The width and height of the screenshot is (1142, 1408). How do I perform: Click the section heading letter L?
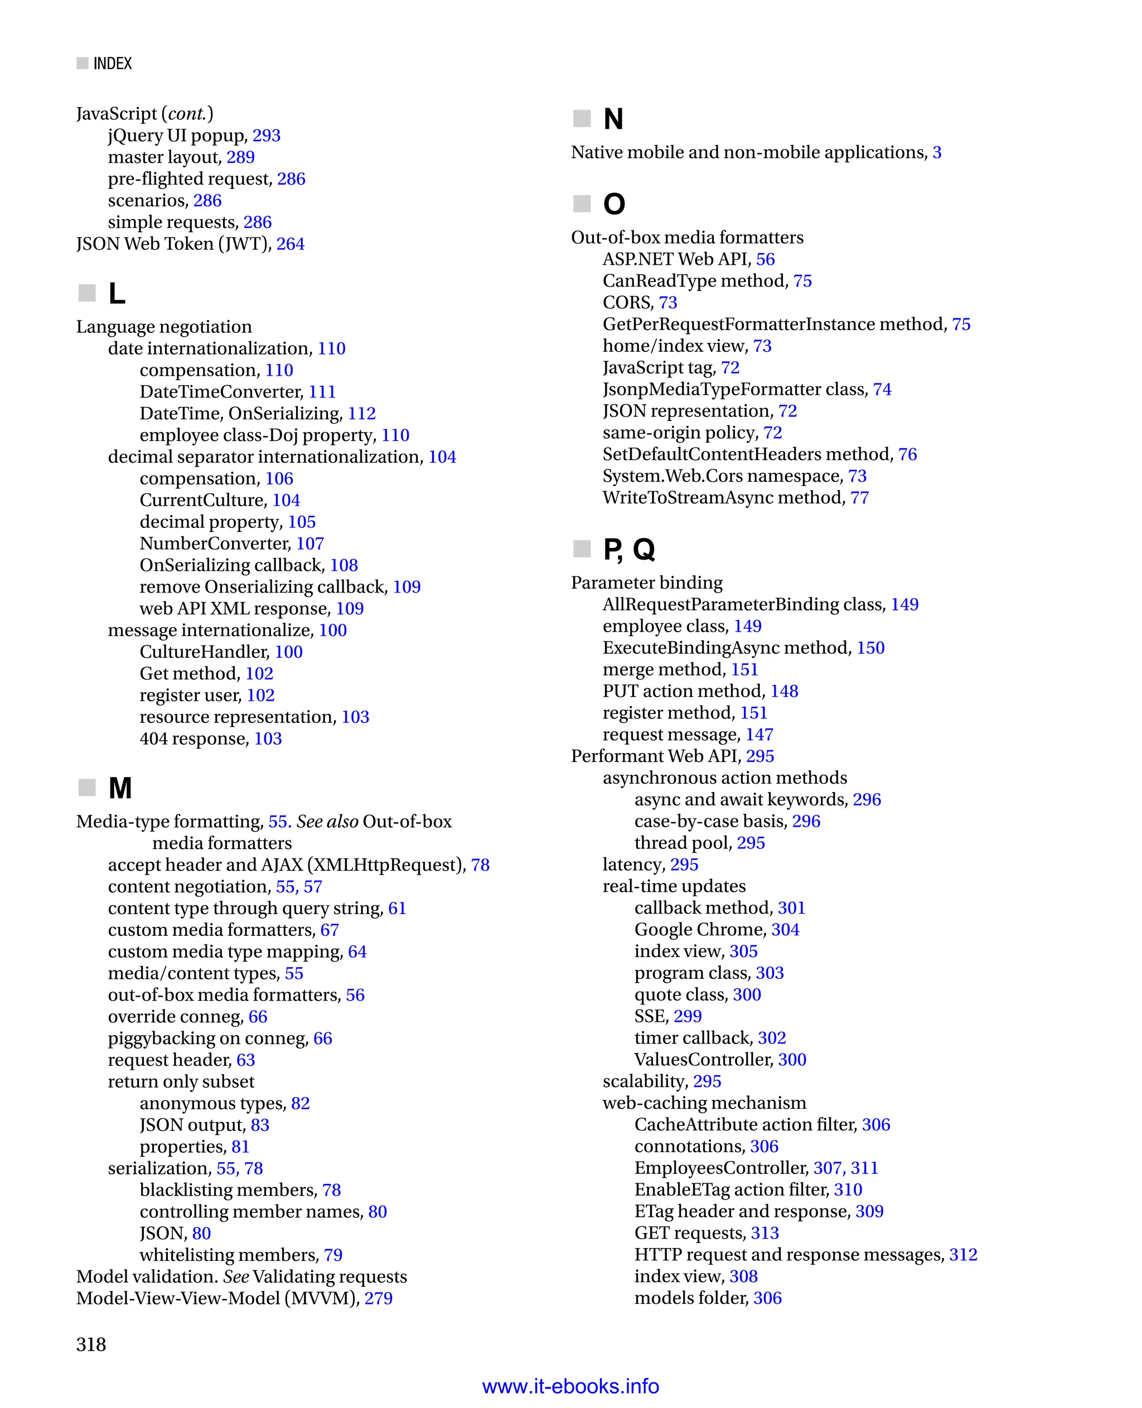tap(117, 293)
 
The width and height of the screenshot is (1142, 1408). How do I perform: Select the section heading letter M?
tap(120, 788)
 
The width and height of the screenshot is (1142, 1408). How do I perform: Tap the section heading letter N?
tap(613, 119)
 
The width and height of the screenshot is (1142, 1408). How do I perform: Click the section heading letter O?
tap(614, 204)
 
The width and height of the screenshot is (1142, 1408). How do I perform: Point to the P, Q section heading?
tap(629, 549)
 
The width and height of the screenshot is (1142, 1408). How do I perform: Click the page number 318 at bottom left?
tap(91, 1344)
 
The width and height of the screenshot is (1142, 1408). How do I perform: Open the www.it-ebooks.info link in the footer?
tap(570, 1386)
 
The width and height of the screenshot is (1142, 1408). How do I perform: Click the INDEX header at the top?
tap(113, 63)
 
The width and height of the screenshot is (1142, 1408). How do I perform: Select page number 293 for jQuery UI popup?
tap(267, 135)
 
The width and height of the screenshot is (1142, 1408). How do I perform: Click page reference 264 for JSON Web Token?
tap(290, 244)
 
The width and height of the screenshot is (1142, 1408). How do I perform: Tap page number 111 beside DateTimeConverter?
tap(322, 392)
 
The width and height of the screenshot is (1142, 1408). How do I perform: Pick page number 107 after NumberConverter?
tap(310, 544)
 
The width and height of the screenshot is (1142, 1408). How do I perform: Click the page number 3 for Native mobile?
tap(937, 153)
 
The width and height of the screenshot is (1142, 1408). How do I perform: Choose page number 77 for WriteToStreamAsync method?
tap(859, 498)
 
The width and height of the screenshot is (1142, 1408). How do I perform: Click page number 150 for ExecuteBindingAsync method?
tap(870, 648)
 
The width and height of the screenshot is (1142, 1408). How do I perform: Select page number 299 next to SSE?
tap(688, 1016)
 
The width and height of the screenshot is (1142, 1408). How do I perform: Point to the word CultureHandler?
tap(204, 652)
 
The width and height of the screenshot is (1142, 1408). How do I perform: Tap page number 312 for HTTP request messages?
tap(963, 1255)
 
